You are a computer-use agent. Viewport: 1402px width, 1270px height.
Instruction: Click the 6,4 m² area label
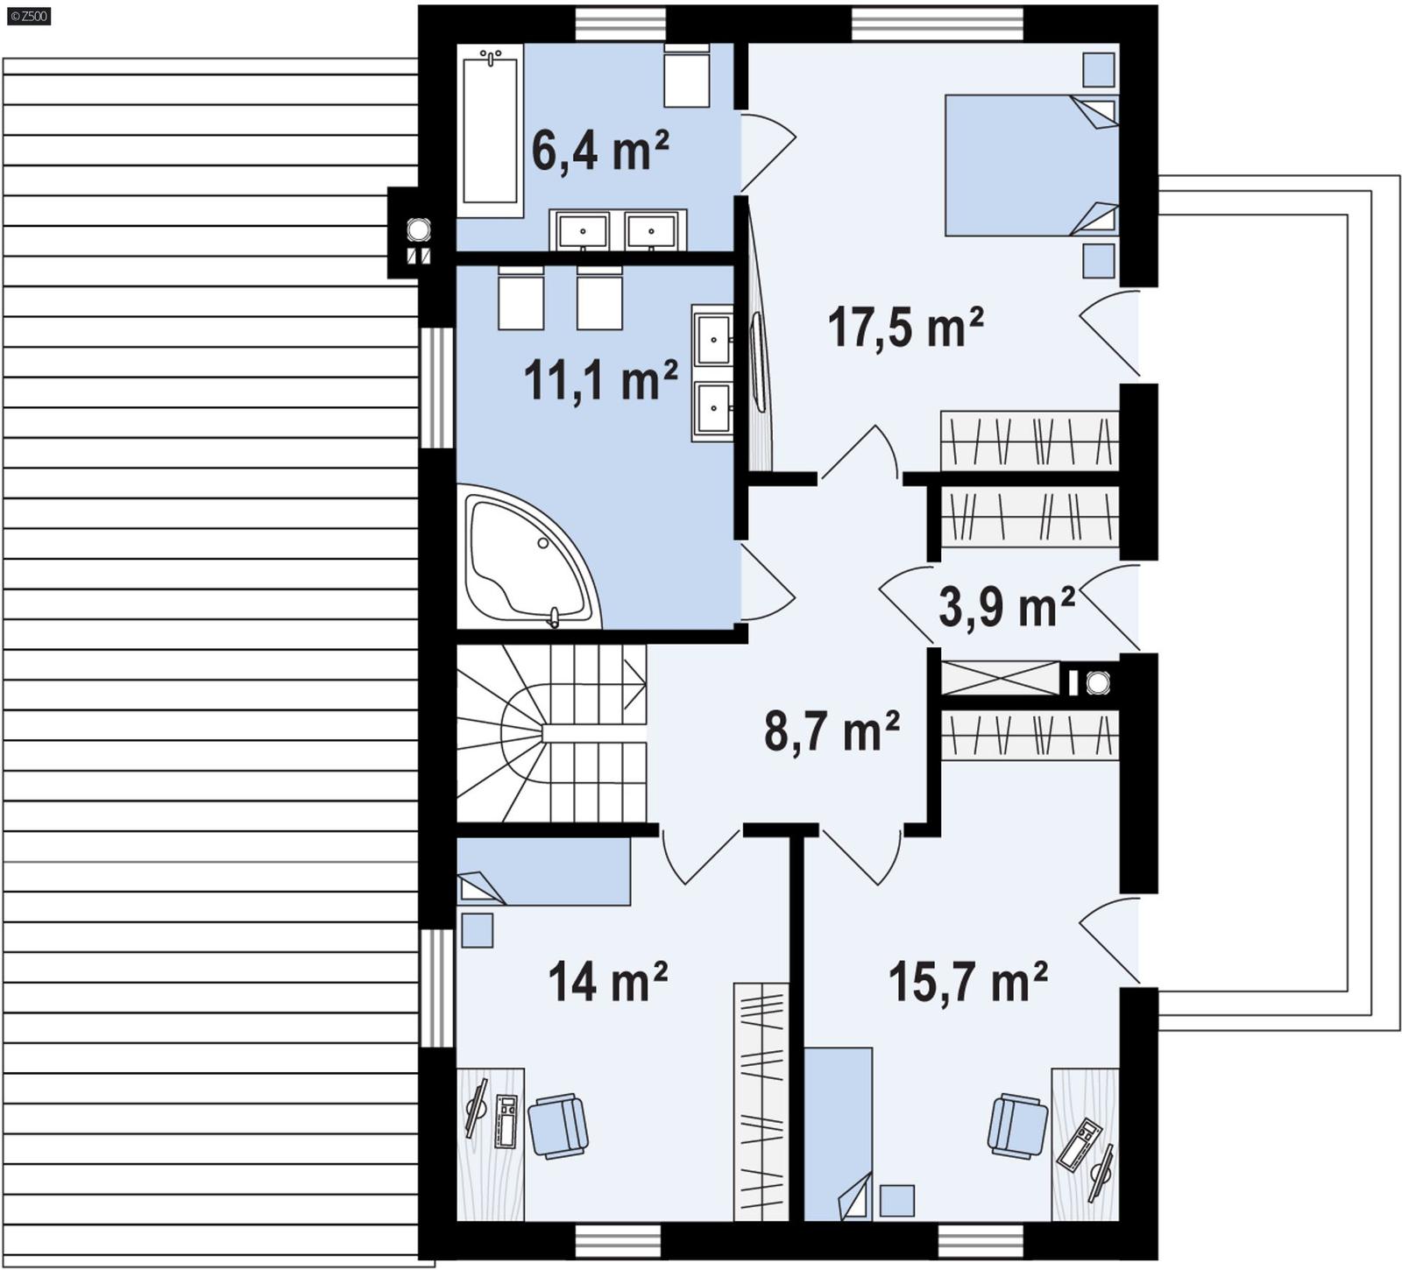click(x=600, y=151)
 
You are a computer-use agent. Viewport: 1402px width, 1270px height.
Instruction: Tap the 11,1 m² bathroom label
click(x=600, y=381)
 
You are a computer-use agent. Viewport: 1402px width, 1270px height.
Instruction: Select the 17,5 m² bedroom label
click(x=905, y=327)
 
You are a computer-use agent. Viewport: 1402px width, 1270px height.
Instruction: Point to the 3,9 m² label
click(x=1006, y=606)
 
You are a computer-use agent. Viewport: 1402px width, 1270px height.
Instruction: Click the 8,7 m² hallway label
click(x=832, y=731)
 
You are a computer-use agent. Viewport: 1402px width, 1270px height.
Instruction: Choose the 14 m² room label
click(x=607, y=981)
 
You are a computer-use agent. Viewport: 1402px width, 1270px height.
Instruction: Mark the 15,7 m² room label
click(x=967, y=981)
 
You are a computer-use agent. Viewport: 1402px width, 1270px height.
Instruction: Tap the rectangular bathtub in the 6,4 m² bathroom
click(x=490, y=129)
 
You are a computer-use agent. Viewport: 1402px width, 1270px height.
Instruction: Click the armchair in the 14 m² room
click(x=557, y=1125)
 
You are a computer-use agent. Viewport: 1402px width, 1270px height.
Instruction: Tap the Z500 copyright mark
click(x=28, y=15)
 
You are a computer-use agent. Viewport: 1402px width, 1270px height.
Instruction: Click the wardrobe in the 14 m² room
click(x=761, y=1102)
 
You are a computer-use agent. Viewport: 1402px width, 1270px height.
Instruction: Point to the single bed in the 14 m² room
click(x=543, y=871)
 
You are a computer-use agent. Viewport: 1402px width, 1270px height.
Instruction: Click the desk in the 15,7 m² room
click(x=1085, y=1143)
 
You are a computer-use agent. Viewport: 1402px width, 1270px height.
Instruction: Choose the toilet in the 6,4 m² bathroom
click(x=686, y=77)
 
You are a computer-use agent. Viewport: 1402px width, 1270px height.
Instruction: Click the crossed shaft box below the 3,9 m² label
click(x=1000, y=679)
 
